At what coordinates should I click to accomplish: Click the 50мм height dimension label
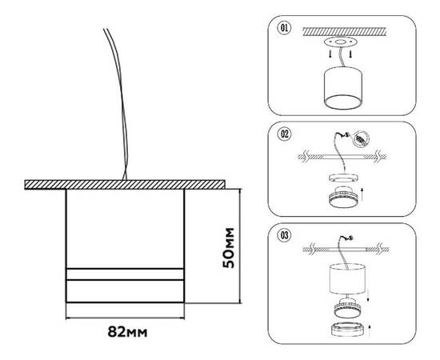(228, 246)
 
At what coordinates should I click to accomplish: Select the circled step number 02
(282, 134)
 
